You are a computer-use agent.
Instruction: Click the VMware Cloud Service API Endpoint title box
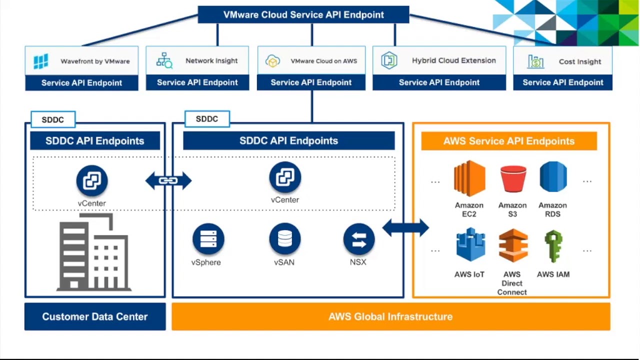[x=303, y=14]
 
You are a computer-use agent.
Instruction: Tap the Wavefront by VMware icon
[x=41, y=61]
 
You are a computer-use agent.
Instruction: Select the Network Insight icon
[x=164, y=60]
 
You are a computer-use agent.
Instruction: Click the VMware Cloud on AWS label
[x=323, y=61]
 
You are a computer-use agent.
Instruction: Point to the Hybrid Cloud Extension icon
[x=389, y=60]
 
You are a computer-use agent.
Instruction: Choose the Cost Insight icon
[x=535, y=61]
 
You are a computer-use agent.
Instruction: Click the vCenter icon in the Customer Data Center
[x=92, y=180]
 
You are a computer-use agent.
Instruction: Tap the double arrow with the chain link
[x=168, y=180]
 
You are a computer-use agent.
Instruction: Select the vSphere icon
[x=208, y=239]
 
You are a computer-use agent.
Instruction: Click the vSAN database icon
[x=285, y=238]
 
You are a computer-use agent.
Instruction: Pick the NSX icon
[x=359, y=239]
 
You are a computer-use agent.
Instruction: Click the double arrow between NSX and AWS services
[x=405, y=228]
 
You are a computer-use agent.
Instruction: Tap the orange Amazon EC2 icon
[x=469, y=178]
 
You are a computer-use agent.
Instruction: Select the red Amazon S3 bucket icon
[x=513, y=179]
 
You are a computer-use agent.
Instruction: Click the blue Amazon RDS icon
[x=553, y=176]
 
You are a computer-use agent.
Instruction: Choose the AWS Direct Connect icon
[x=513, y=245]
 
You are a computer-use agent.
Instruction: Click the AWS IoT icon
[x=470, y=244]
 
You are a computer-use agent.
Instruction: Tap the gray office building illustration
[x=94, y=252]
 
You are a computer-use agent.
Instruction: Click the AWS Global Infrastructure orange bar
[x=391, y=316]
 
